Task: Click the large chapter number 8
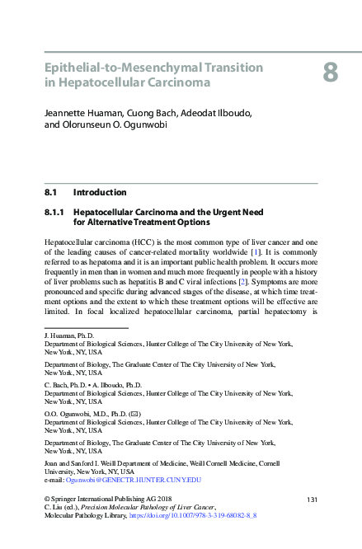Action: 330,73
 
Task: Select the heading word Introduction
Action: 100,192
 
